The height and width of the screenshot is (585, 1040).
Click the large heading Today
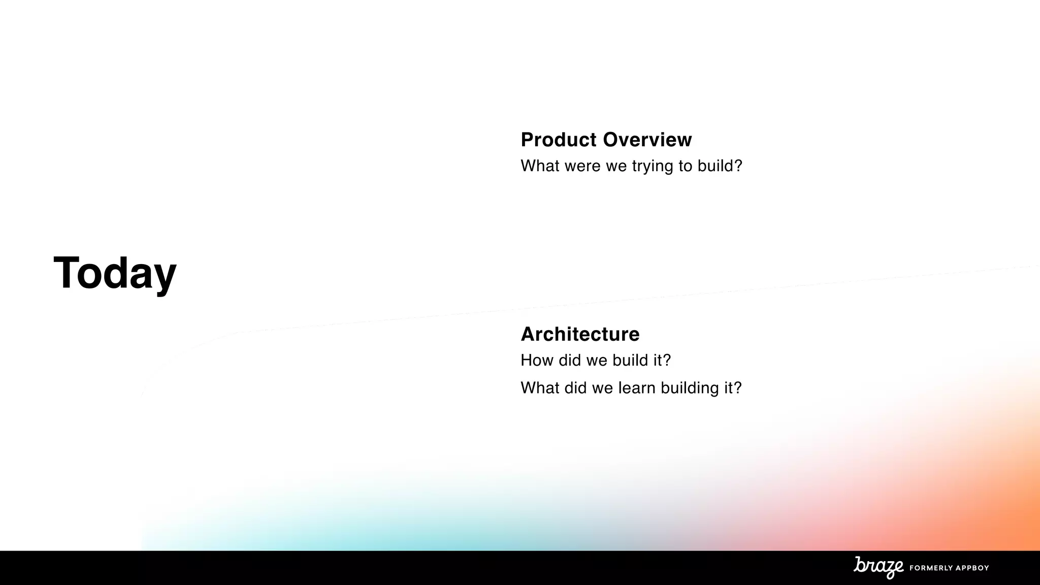click(x=115, y=273)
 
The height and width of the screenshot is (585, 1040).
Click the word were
click(x=582, y=166)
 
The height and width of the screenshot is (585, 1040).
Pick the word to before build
click(x=685, y=166)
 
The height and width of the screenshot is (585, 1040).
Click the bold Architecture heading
click(x=580, y=334)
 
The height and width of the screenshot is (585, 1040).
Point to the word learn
click(x=637, y=388)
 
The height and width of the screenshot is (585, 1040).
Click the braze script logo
click(x=879, y=567)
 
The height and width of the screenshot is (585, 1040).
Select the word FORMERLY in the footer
click(x=931, y=568)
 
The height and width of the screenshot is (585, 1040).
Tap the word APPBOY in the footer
click(x=973, y=568)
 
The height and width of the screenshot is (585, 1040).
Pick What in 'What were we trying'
click(x=540, y=166)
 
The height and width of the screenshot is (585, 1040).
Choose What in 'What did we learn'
click(x=540, y=388)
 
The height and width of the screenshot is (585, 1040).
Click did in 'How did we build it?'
click(x=570, y=361)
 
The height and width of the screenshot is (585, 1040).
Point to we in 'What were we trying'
click(x=616, y=166)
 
